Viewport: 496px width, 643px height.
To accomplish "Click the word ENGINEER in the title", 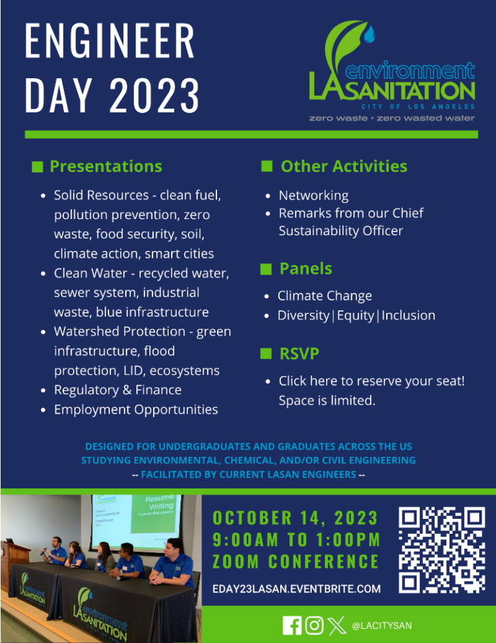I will [110, 42].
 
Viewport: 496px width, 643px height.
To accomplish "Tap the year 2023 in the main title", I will [154, 93].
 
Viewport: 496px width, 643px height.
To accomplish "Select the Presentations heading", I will [106, 166].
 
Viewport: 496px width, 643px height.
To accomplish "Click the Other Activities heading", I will [344, 166].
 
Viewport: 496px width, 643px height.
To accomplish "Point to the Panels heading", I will [305, 268].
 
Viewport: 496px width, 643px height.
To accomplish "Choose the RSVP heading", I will [299, 353].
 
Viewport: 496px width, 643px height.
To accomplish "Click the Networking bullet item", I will [313, 195].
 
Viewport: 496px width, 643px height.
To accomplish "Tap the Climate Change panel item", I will [324, 296].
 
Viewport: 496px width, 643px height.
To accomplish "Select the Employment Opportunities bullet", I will [136, 410].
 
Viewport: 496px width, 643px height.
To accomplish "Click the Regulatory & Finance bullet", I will [118, 390].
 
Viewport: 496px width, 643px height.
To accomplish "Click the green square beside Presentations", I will [37, 167].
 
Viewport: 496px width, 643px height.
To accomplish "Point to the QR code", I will [442, 551].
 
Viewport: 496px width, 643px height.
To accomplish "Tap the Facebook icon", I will [292, 626].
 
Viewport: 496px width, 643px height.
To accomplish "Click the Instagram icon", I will [314, 626].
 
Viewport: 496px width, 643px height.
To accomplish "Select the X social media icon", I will [336, 626].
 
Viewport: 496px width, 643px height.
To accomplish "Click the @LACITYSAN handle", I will [382, 626].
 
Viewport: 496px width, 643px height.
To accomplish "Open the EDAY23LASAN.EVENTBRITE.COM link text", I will [296, 589].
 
